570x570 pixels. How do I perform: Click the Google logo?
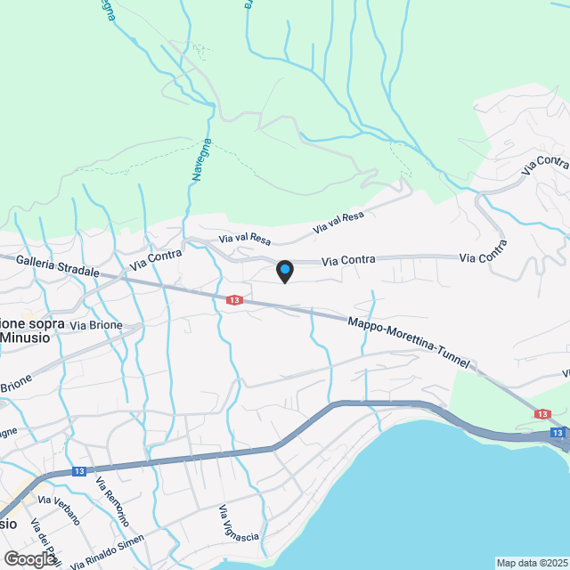coord(28,558)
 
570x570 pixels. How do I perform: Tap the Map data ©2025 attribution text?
coord(532,563)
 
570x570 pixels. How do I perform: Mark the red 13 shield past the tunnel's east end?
coord(542,414)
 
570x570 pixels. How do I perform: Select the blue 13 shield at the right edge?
coord(557,433)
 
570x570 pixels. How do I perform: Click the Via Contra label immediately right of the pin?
coord(348,260)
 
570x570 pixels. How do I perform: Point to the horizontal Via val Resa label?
coord(245,239)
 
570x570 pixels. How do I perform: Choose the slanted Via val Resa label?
coord(338,223)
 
